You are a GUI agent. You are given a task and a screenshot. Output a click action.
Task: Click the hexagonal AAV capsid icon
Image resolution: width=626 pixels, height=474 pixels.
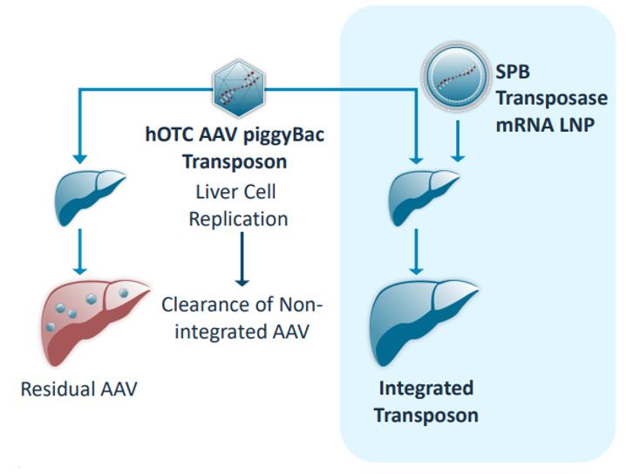[x=238, y=88]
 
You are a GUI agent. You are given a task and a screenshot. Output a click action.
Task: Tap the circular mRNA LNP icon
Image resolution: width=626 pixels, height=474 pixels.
[x=455, y=77]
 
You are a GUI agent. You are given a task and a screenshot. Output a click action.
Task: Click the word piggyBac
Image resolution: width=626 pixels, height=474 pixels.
[x=284, y=135]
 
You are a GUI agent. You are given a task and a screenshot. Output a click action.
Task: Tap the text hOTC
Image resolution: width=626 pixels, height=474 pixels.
[x=169, y=134]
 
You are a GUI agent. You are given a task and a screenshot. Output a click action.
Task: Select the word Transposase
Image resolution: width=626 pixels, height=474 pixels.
[x=552, y=98]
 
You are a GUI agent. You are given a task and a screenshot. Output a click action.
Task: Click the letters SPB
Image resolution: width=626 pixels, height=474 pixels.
[x=513, y=72]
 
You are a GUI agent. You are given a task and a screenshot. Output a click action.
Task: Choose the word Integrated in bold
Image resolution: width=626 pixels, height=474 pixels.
[x=426, y=388]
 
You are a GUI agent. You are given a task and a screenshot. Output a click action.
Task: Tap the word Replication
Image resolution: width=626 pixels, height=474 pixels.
[x=238, y=219]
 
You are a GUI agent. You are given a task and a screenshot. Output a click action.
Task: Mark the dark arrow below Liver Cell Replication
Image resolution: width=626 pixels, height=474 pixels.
[x=242, y=259]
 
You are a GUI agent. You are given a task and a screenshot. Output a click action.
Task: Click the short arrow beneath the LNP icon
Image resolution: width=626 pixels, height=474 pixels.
[x=458, y=141]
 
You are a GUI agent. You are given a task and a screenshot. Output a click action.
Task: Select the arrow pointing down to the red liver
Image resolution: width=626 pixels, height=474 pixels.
[x=80, y=251]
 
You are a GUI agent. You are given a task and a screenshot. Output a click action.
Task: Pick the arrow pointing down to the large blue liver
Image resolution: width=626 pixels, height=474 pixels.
[x=417, y=251]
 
